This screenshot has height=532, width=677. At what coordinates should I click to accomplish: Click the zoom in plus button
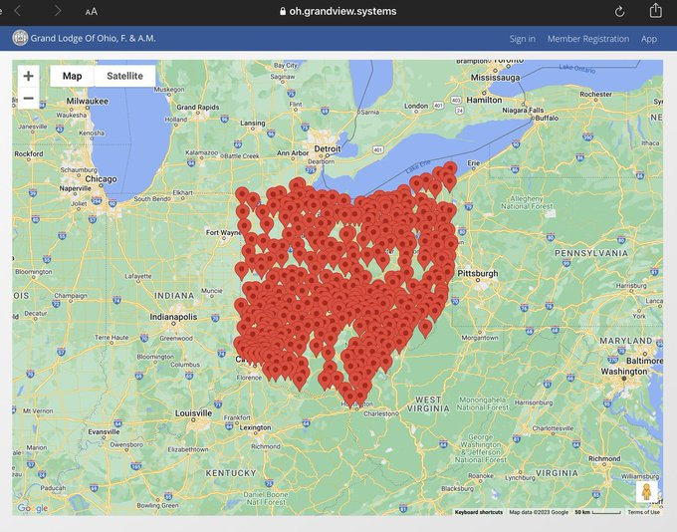click(28, 76)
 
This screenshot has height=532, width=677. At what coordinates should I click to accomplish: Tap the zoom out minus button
click(28, 98)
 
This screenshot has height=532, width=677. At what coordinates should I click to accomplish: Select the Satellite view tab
click(124, 77)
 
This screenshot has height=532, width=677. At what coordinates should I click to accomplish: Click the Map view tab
click(73, 77)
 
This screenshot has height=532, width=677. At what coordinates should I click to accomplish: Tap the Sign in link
click(522, 39)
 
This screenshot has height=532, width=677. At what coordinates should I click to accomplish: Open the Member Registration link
click(587, 39)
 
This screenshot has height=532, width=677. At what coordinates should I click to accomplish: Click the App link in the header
click(648, 39)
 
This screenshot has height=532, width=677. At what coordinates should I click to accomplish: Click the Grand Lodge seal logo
click(20, 38)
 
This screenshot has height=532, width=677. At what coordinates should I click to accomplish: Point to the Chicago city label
click(103, 179)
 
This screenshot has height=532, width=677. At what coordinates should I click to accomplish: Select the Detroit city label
click(327, 148)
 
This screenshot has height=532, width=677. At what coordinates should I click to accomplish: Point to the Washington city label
click(624, 372)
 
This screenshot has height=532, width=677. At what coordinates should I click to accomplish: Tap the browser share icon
click(655, 11)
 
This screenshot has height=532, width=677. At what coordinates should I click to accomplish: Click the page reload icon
click(619, 11)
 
